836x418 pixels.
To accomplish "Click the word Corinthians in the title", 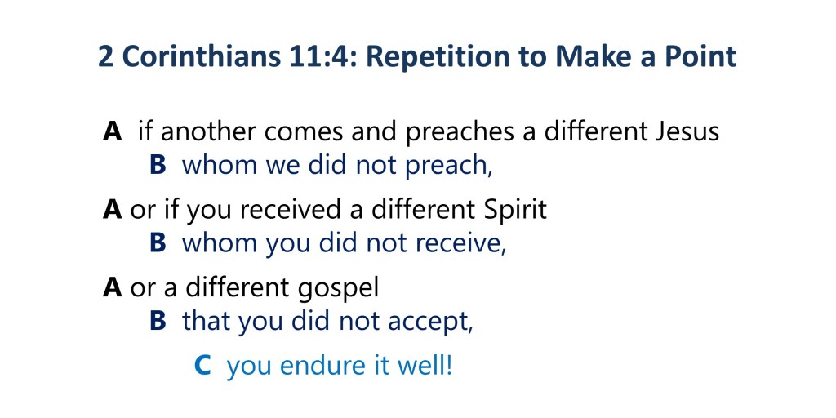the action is click(202, 57).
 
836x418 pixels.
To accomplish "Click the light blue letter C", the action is click(202, 367).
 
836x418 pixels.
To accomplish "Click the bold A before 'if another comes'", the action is click(113, 131).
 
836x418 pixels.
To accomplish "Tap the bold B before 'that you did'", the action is click(158, 321).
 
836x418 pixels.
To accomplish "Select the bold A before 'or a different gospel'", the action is click(113, 288).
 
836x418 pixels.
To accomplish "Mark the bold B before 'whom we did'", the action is click(158, 165).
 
